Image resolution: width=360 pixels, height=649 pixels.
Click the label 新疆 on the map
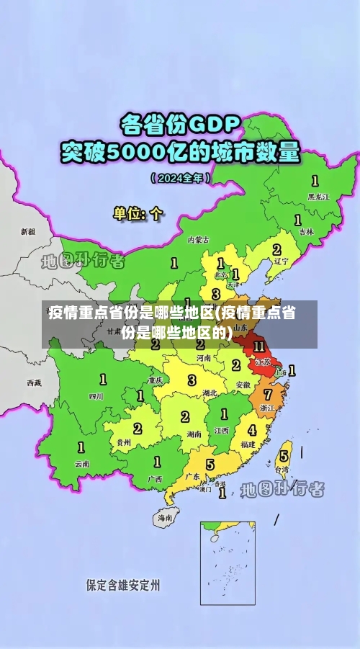[27, 232]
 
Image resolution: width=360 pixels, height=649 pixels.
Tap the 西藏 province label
[34, 382]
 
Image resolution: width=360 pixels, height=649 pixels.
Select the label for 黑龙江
[318, 196]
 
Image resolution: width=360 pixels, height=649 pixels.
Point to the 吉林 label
[306, 232]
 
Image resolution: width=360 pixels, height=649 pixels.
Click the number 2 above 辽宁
[276, 249]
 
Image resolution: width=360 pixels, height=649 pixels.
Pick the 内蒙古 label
[198, 239]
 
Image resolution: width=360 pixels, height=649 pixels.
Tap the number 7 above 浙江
[267, 395]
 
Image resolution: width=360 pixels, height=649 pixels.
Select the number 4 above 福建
[251, 430]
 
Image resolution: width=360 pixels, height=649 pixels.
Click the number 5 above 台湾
[284, 456]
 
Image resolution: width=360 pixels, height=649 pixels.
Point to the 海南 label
[165, 517]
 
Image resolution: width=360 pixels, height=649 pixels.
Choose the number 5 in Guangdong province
[210, 465]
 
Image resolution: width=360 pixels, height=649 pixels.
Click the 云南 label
[81, 464]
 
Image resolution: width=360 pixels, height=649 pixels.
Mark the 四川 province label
[96, 396]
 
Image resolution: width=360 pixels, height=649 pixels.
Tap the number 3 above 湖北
[192, 380]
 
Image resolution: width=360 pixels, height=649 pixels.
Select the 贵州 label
[123, 442]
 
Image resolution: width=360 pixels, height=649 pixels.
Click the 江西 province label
[221, 430]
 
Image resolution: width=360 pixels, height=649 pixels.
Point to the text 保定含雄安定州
[123, 585]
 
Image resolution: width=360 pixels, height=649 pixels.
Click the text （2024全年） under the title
[180, 177]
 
